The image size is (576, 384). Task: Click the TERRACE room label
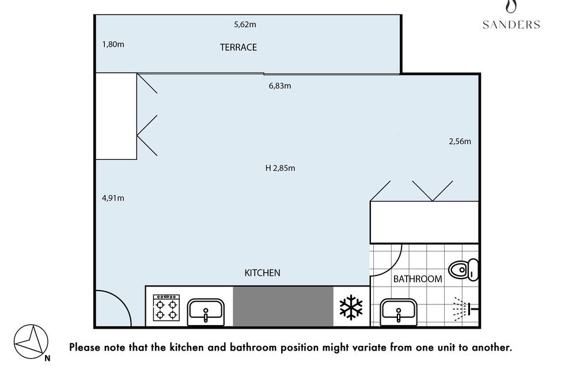pos(238,47)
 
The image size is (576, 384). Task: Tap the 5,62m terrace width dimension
pos(245,25)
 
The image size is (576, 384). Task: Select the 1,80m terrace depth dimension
pos(113,44)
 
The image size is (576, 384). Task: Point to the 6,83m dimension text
pos(280,86)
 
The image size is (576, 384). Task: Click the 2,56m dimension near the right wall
pos(460,142)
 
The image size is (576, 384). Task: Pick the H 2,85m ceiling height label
pos(281,168)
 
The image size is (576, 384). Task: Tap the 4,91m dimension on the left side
pos(113,198)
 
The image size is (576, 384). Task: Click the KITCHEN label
pos(262,273)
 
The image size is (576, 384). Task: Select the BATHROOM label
pos(418,279)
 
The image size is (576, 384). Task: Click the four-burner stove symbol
pos(166,308)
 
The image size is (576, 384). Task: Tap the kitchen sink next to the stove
pos(206,313)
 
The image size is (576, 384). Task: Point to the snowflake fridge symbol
pos(351,307)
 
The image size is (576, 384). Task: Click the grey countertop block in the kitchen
pos(283,306)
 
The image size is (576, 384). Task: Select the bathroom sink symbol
pos(399,313)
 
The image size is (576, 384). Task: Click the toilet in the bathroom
pos(464,270)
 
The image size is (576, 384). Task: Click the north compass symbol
pos(31,342)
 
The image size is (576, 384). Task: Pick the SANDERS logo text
pos(511,25)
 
